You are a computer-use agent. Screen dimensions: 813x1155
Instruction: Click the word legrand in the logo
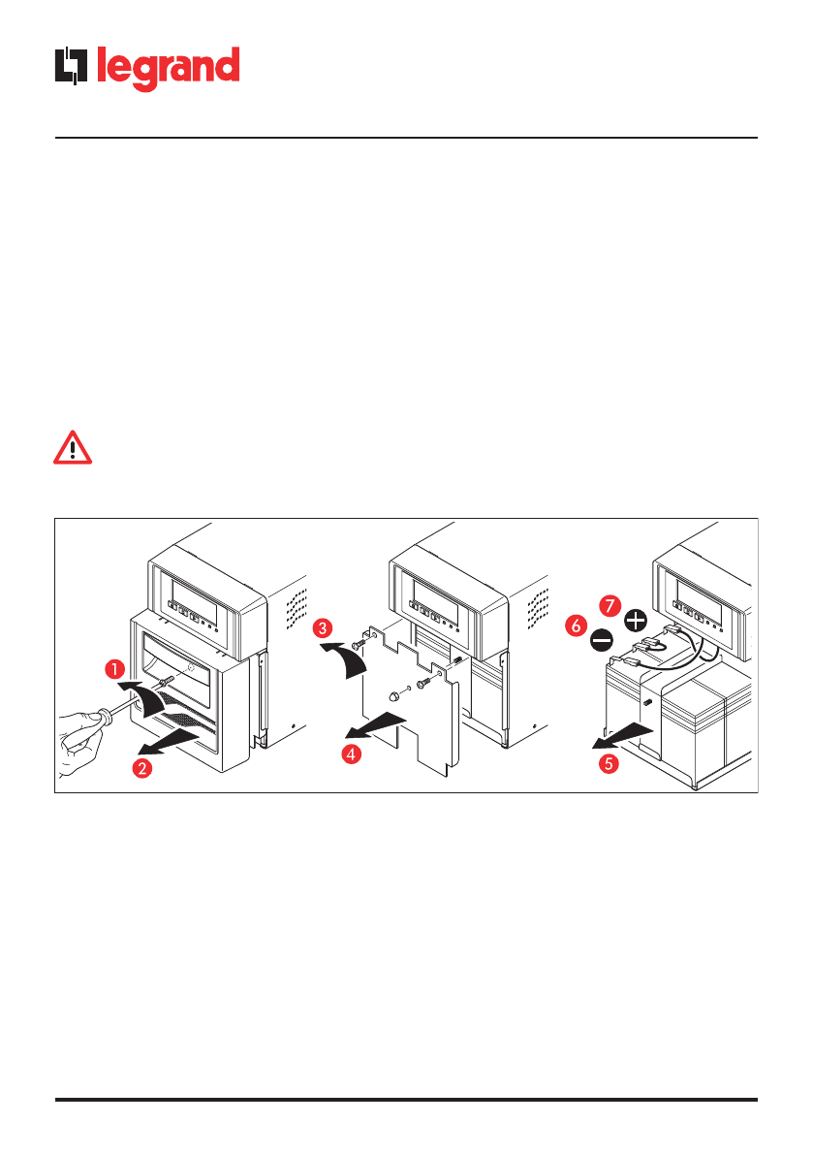pos(167,69)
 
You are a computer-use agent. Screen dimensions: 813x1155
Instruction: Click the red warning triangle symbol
pos(72,448)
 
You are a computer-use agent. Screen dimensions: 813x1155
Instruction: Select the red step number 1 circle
pos(114,668)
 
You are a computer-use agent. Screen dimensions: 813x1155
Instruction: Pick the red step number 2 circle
pos(141,768)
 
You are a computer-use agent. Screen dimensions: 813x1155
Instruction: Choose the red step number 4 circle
pos(352,754)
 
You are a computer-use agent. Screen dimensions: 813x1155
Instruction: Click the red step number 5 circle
pos(608,763)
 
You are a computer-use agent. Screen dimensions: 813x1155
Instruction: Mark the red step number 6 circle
pos(576,627)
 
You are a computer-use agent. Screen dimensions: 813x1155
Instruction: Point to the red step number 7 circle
pos(608,604)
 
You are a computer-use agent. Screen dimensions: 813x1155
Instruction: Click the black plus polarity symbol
pos(636,620)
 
